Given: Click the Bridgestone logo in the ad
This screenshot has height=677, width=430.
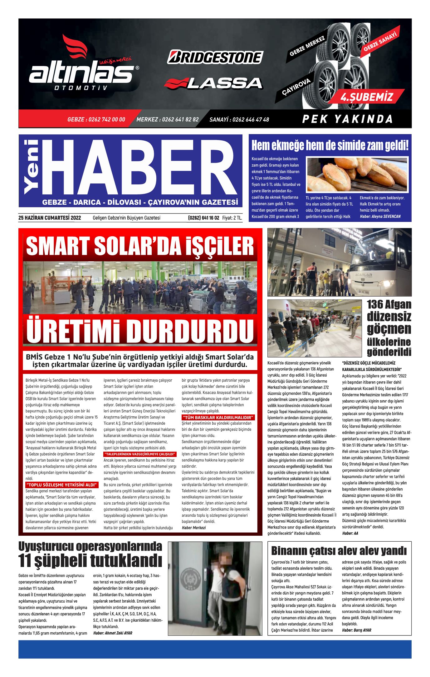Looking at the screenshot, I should (215, 58).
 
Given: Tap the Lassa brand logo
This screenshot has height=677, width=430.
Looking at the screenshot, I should (213, 83).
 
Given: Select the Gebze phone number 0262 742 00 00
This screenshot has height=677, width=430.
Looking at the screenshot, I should (96, 119).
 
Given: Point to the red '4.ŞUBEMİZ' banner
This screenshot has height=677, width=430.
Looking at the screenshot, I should (367, 97).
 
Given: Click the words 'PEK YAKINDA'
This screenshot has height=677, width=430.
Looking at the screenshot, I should (347, 119).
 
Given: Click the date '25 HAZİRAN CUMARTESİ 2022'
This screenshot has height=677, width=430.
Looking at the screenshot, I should (50, 218).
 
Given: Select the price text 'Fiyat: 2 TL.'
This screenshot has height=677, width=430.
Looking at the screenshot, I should (232, 218).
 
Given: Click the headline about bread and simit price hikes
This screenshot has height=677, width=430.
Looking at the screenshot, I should (330, 146).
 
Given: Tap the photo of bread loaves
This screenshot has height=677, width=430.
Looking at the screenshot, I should (357, 175).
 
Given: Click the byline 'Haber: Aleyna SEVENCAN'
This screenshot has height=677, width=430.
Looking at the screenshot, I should (380, 216).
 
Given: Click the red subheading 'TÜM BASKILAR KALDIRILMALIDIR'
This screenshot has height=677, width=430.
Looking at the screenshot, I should (218, 418).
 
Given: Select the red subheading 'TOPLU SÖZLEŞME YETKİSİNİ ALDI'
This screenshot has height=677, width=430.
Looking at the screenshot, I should (61, 485).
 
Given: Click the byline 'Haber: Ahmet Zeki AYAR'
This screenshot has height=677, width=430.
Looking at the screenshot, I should (113, 633).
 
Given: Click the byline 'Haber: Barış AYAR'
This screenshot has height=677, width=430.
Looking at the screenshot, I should (357, 630).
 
